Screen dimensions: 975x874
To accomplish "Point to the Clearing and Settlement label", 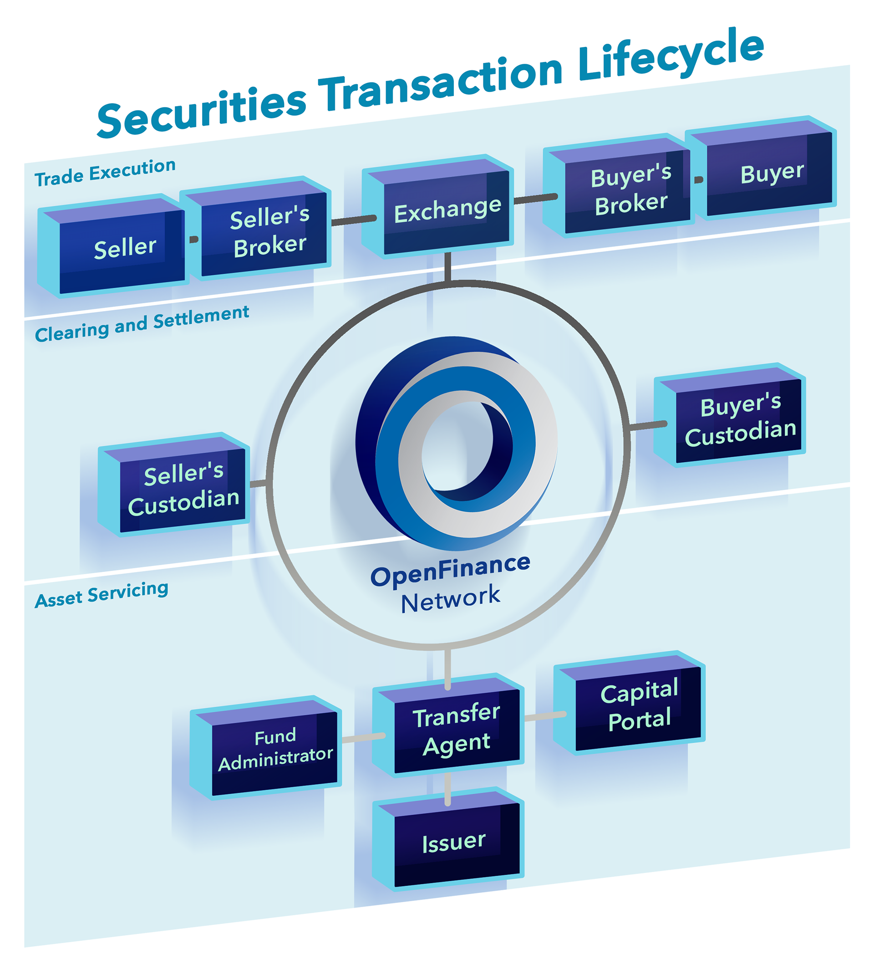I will click(x=142, y=324).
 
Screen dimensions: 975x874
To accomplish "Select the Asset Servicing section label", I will click(x=102, y=595).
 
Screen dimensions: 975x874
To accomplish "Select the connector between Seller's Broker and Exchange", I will click(x=354, y=220).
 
